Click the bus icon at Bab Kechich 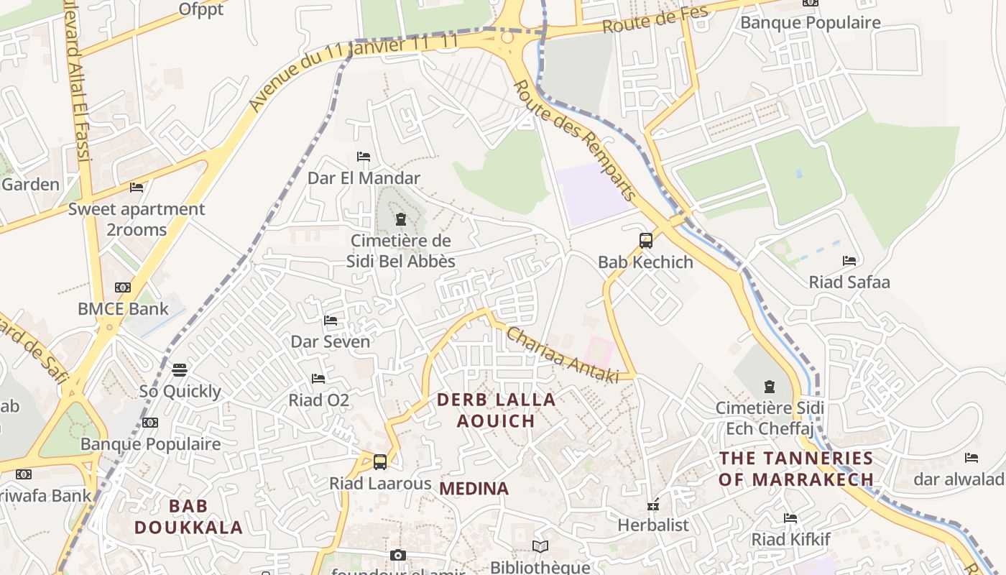pos(646,241)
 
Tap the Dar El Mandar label pos(364,178)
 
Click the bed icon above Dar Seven pos(331,321)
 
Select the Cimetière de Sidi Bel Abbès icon pos(401,219)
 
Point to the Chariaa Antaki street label pos(562,355)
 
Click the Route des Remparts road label pos(575,140)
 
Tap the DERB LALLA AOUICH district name pos(497,410)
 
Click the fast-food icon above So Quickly pos(180,370)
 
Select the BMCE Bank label pos(123,309)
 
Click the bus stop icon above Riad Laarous pos(380,462)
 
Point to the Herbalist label pos(653,525)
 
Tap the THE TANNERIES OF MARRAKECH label pos(796,469)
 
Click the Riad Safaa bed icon pos(849,261)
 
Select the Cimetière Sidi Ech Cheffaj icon pos(770,387)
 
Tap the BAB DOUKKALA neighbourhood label pos(188,517)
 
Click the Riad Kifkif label pos(790,539)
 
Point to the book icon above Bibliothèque pos(540,547)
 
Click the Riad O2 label pos(319,400)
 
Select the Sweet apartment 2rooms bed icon pos(137,188)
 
